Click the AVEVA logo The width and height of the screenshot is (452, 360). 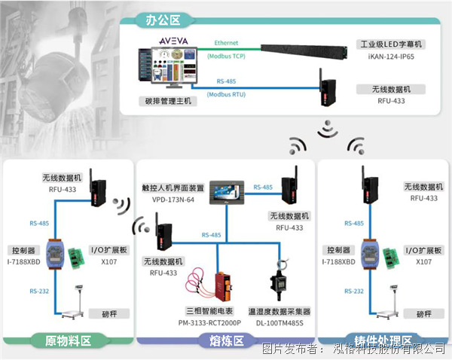tap(173, 37)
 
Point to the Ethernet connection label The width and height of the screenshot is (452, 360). tap(226, 43)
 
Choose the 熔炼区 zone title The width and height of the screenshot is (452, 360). tap(225, 341)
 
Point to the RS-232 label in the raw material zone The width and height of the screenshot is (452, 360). tap(40, 290)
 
